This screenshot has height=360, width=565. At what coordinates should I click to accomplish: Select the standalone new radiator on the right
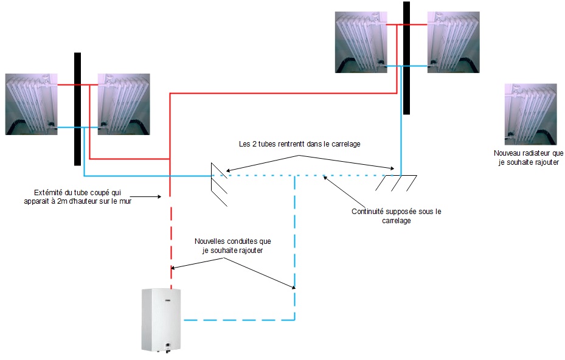pos(530,114)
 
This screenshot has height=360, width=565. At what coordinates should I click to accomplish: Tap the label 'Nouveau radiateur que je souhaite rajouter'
pos(529,158)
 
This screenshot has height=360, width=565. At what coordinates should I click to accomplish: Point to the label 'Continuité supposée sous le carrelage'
pos(396,216)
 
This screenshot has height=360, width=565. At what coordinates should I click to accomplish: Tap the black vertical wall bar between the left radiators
pos(77,109)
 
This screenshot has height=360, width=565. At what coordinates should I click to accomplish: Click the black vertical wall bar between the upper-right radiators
pos(406,58)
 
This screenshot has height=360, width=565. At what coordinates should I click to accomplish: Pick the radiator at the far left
pos(32,104)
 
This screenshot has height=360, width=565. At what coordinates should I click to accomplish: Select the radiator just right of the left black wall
pos(123,104)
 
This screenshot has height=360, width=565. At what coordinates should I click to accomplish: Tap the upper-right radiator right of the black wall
pos(453,42)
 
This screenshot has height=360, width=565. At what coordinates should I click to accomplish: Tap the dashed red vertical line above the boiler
pos(171,243)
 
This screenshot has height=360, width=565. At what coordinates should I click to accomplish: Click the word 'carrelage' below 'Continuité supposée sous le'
pos(396,221)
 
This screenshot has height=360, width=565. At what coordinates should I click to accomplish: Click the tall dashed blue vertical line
pos(295,249)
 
